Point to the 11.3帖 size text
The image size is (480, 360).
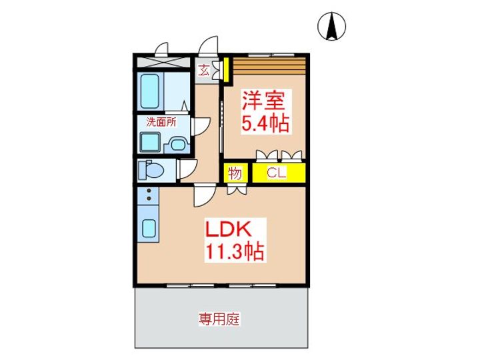point(234,252)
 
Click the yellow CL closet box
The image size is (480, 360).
point(277,173)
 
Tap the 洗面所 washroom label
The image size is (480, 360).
point(161,122)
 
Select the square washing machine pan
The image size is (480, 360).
point(149,143)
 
